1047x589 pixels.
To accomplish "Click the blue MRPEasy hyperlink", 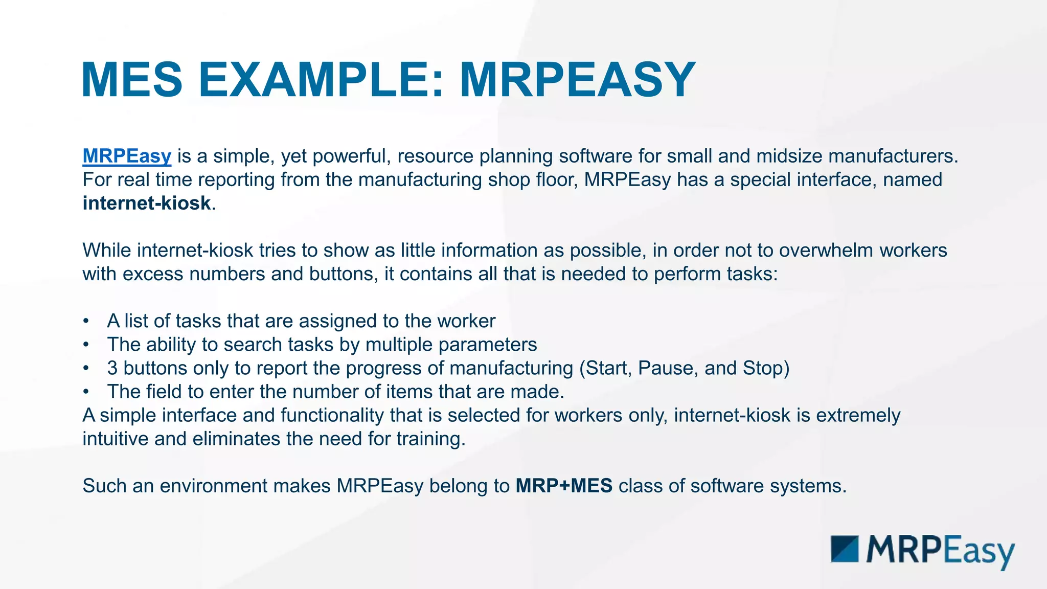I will [127, 156].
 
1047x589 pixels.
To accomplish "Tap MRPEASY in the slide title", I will [577, 80].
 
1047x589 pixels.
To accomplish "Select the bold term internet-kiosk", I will [147, 203].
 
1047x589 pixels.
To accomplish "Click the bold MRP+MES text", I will [564, 486].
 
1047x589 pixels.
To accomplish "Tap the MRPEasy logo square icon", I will [845, 549].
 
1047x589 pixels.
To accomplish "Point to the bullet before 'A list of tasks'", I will [86, 322].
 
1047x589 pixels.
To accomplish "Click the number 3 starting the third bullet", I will [112, 368].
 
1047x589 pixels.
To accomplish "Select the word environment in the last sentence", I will [213, 486].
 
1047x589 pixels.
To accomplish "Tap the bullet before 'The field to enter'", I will [86, 392].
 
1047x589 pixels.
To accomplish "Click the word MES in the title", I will [132, 80].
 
